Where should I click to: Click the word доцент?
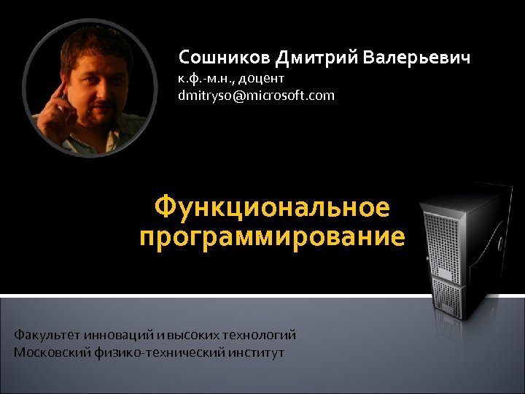(x=258, y=77)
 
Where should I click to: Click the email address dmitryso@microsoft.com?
(x=256, y=95)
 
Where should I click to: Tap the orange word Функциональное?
(x=272, y=208)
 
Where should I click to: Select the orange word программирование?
(x=272, y=237)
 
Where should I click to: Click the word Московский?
(x=51, y=352)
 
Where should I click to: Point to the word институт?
(x=254, y=352)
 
